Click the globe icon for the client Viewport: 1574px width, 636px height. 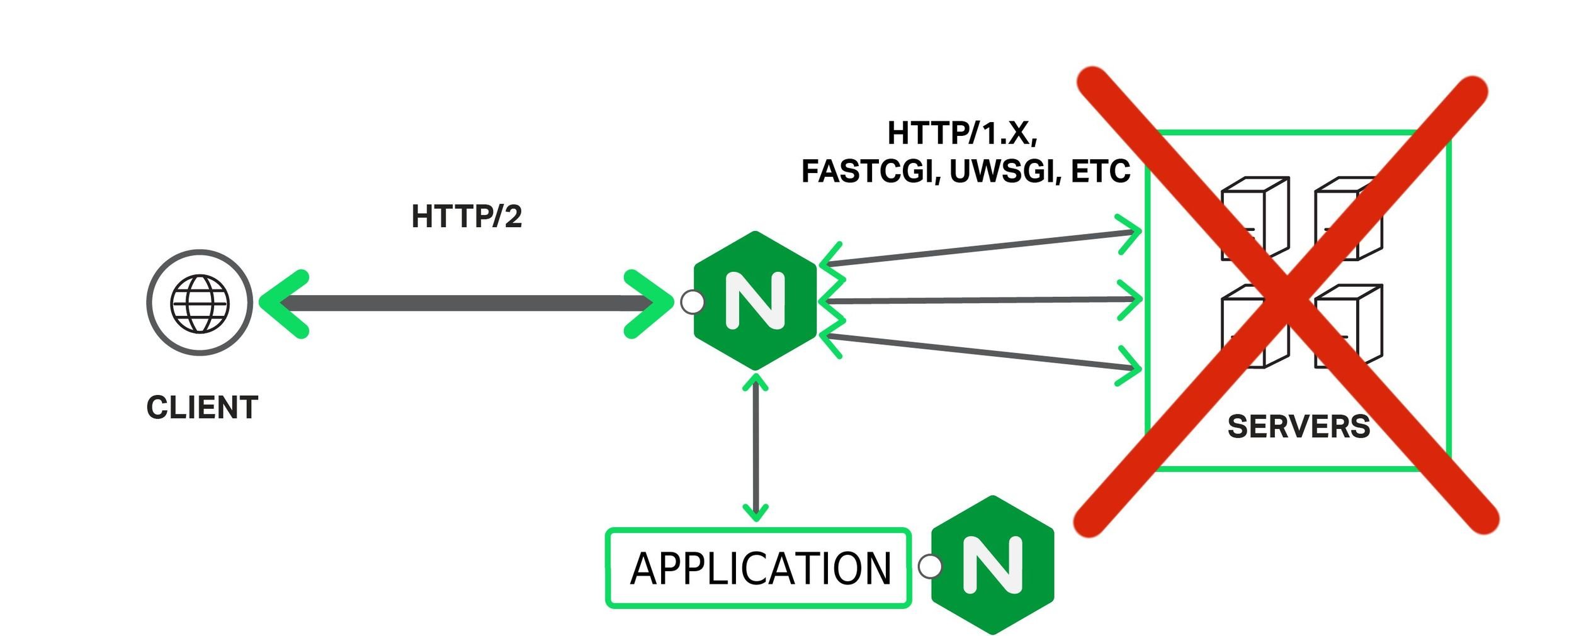(200, 303)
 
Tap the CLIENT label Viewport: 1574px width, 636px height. (202, 408)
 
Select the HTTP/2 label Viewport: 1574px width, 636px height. (467, 216)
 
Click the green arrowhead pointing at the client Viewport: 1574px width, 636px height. (285, 304)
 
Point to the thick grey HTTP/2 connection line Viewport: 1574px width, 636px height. (466, 303)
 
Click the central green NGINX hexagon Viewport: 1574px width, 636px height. (755, 300)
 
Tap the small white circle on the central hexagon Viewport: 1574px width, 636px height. (693, 302)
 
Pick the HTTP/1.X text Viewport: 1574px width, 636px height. (962, 133)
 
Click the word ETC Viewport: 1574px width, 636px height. (1101, 171)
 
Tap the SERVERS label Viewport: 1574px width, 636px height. (1298, 427)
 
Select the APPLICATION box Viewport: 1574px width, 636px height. (759, 567)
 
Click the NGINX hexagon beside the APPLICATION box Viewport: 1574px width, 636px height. (992, 564)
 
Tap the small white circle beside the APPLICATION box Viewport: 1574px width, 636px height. (930, 566)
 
